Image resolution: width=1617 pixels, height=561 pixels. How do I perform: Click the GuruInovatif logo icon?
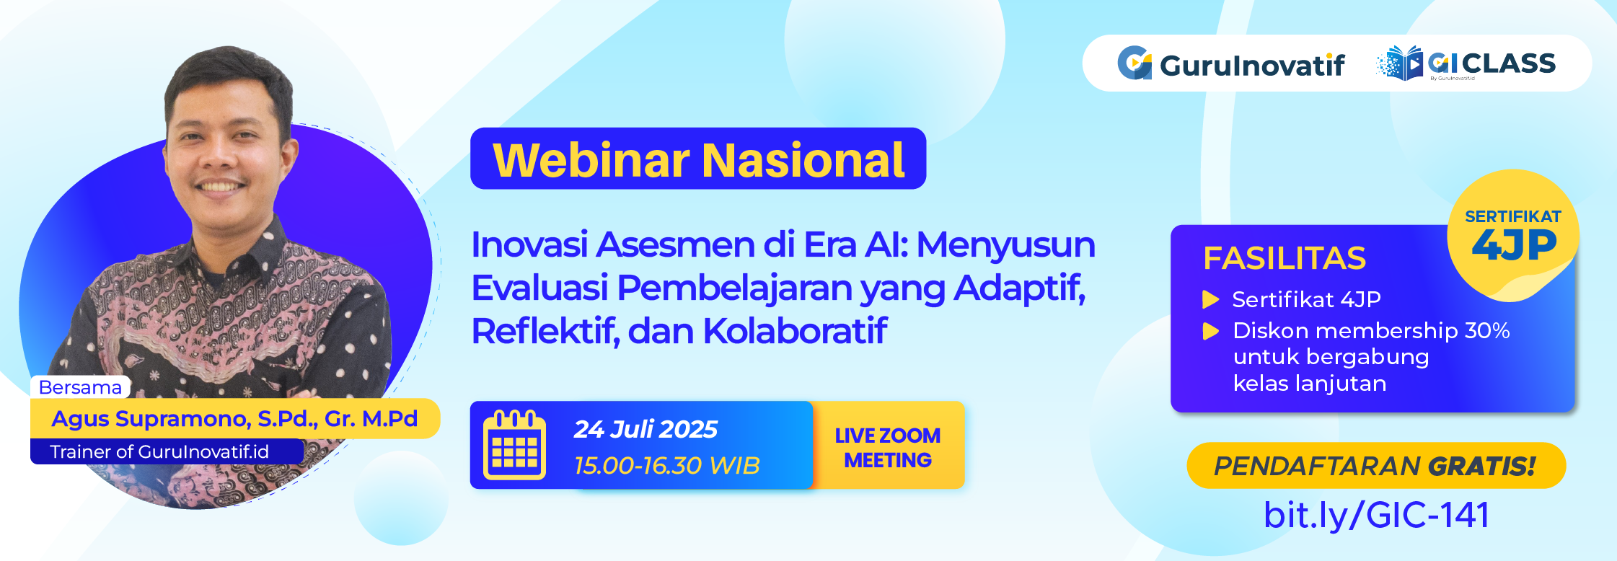click(1134, 63)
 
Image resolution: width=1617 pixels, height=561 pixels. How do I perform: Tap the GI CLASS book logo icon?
click(1400, 63)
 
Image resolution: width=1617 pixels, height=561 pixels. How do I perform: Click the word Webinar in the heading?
click(591, 159)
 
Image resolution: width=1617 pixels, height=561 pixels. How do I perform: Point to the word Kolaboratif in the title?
click(795, 331)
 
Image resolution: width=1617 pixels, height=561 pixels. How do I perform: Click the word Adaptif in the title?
click(1020, 288)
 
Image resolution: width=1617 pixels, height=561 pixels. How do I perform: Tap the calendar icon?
click(514, 445)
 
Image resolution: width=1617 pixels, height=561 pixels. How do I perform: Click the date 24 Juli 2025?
click(646, 429)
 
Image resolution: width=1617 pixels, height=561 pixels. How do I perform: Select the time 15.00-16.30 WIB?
click(667, 466)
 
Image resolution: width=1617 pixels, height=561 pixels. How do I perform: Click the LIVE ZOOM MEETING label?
click(888, 448)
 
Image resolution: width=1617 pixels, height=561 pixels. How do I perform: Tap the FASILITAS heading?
click(1285, 258)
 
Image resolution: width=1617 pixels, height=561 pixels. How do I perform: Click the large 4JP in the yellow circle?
click(1514, 245)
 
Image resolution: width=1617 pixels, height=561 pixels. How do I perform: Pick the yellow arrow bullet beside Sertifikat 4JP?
click(1211, 299)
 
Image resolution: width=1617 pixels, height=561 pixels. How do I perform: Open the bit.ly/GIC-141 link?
click(1376, 515)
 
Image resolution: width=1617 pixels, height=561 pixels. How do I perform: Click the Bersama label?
click(80, 387)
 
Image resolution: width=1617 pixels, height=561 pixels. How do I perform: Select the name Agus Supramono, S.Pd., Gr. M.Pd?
click(234, 419)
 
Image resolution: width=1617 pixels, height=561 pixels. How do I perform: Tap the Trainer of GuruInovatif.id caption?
click(159, 452)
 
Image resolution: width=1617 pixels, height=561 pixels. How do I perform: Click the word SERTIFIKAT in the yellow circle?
click(1513, 216)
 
